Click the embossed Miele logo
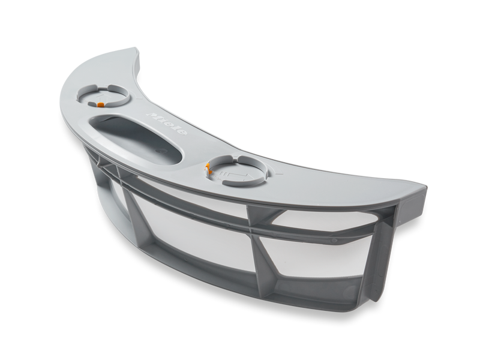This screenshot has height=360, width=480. (x=167, y=124)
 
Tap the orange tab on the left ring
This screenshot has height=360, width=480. (x=100, y=104)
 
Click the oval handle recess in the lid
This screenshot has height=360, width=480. (x=136, y=136)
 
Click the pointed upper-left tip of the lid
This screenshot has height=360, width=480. (x=136, y=48)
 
